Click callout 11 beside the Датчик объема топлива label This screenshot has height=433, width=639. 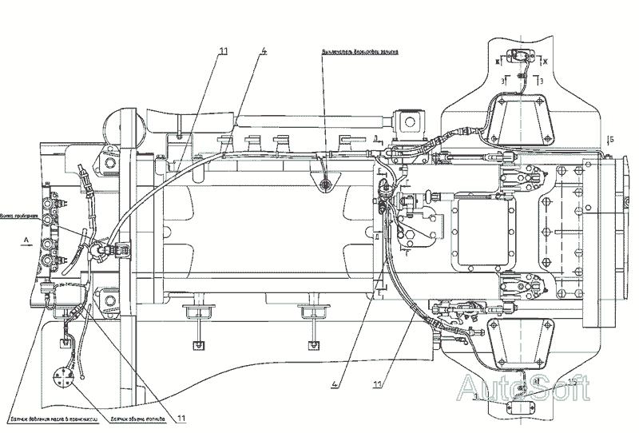182,417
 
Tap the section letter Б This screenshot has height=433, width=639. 612,139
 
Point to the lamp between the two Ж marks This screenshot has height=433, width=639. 522,57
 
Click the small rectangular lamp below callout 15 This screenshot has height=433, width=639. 513,405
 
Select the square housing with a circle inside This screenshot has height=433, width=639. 415,121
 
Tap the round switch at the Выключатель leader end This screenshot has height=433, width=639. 324,185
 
